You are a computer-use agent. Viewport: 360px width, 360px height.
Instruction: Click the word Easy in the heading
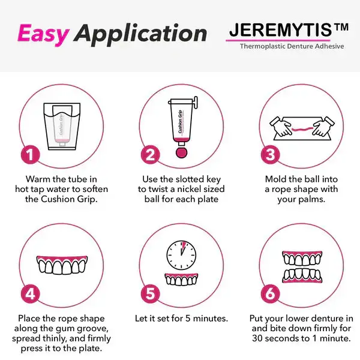click(43, 34)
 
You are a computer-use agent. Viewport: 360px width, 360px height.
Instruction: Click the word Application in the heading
click(142, 35)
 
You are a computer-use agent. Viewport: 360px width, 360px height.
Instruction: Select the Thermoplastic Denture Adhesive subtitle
click(292, 46)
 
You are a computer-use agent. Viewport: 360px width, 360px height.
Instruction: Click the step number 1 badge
click(31, 155)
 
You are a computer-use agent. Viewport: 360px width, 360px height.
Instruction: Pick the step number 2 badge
click(151, 155)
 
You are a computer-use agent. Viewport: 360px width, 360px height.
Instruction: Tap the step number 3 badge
click(271, 155)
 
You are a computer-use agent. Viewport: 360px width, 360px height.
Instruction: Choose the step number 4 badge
click(31, 295)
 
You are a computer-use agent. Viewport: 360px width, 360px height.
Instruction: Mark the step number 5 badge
click(151, 295)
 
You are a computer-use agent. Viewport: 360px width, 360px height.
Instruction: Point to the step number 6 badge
click(271, 295)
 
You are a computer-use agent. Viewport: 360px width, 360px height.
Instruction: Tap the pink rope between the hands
click(301, 128)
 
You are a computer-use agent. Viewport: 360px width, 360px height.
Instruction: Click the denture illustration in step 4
click(62, 265)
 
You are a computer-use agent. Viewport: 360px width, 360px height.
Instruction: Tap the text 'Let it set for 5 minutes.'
click(181, 318)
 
